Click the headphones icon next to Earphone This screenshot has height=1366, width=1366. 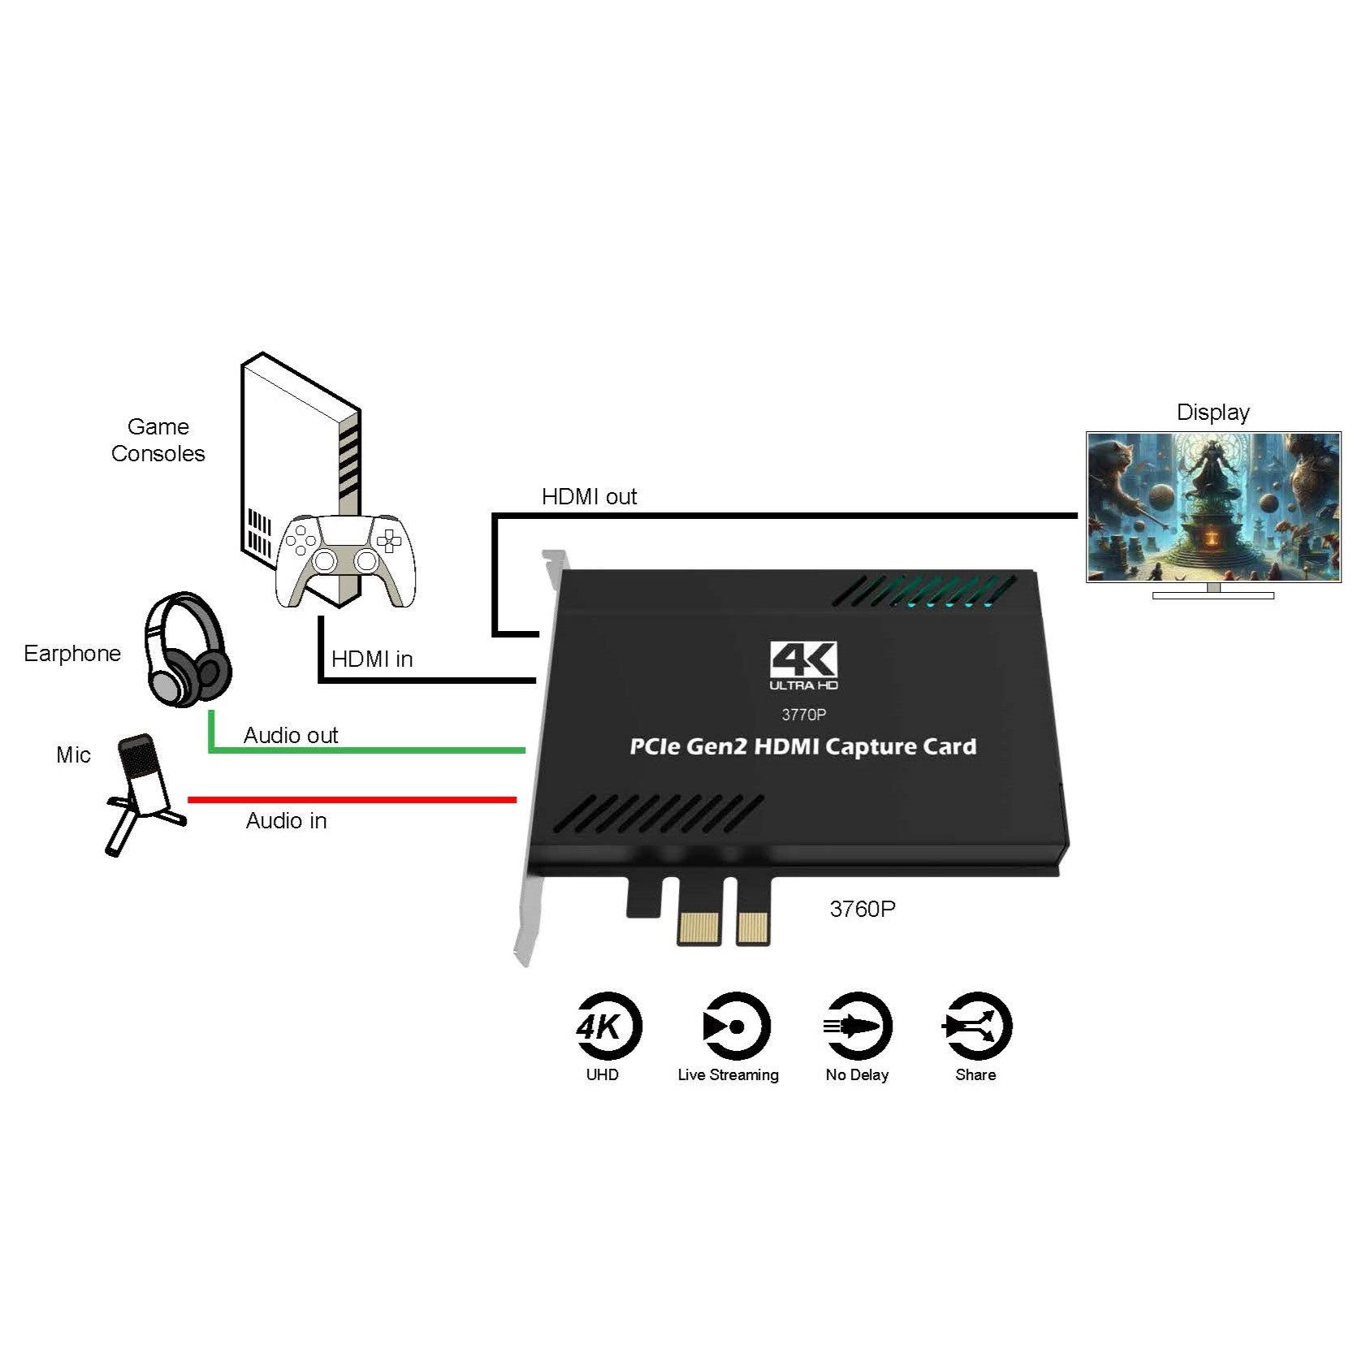pos(188,651)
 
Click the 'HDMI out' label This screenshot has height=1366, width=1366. pos(589,496)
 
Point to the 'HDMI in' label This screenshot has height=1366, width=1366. pos(372,659)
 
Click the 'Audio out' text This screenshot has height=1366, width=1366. pos(290,735)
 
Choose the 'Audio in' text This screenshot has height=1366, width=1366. pos(286,820)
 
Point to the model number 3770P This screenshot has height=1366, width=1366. pos(803,715)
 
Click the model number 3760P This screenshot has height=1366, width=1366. pos(862,909)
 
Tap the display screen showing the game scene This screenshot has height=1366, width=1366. pos(1213,507)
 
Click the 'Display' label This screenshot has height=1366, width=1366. pos(1213,412)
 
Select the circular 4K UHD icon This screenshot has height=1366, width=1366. pos(607,1027)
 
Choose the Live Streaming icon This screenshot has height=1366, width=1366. pos(735,1027)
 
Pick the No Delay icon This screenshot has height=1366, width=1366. pos(857,1027)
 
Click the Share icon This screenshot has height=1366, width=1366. pos(977,1027)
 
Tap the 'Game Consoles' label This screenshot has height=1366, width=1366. pos(158,439)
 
